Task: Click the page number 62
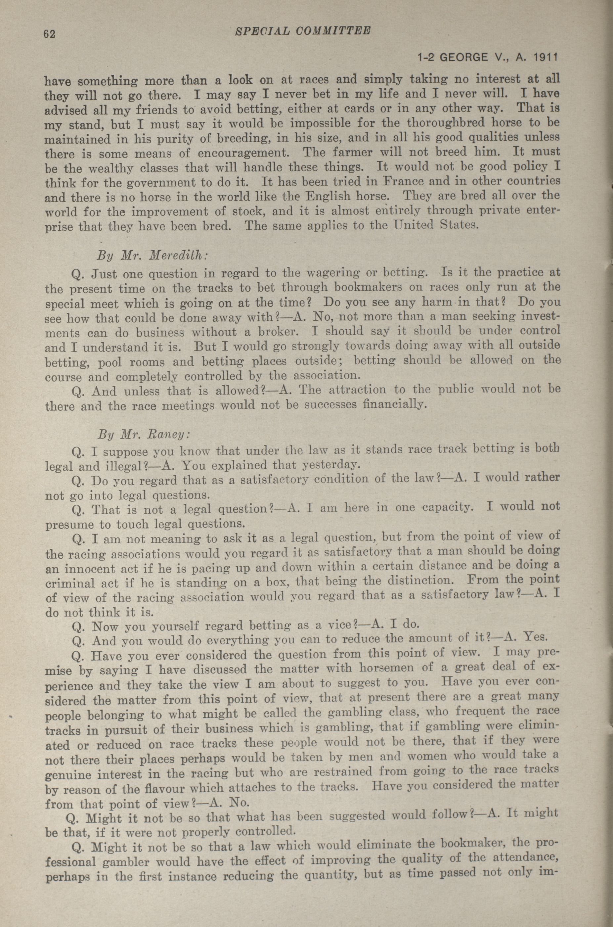[x=50, y=34]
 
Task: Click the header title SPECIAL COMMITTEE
[x=303, y=31]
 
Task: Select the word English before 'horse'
[x=330, y=196]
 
